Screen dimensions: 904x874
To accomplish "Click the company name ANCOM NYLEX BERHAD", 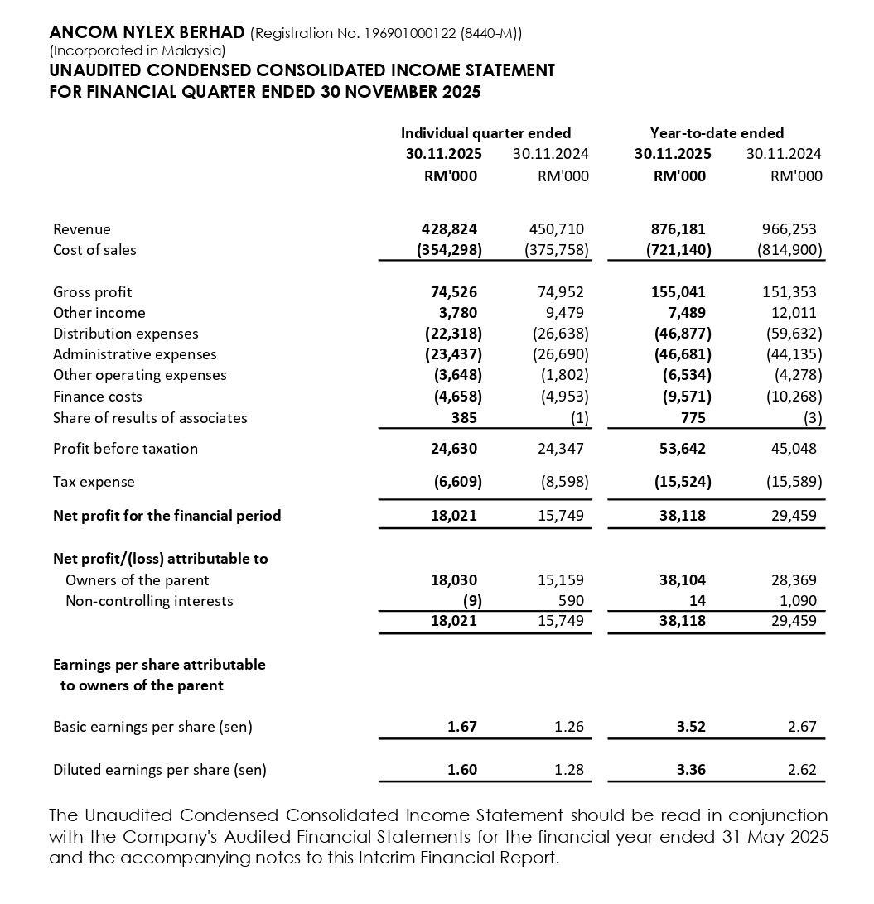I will pyautogui.click(x=147, y=33).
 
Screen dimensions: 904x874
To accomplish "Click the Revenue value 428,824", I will pyautogui.click(x=449, y=229).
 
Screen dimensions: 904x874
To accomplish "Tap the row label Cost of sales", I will pyautogui.click(x=94, y=250).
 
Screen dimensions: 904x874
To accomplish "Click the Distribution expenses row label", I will pyautogui.click(x=126, y=334).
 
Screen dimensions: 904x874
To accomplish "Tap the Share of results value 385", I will pyautogui.click(x=464, y=418).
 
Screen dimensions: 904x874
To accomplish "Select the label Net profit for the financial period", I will pyautogui.click(x=167, y=516).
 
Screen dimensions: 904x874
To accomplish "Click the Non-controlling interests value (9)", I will pyautogui.click(x=466, y=601).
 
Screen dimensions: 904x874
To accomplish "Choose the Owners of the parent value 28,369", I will pyautogui.click(x=793, y=580).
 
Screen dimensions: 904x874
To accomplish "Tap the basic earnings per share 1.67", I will pyautogui.click(x=461, y=728).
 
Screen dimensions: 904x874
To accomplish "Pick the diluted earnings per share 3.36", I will pyautogui.click(x=691, y=770).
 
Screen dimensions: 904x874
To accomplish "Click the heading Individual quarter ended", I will pyautogui.click(x=485, y=133).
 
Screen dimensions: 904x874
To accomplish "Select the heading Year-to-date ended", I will pyautogui.click(x=717, y=133).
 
